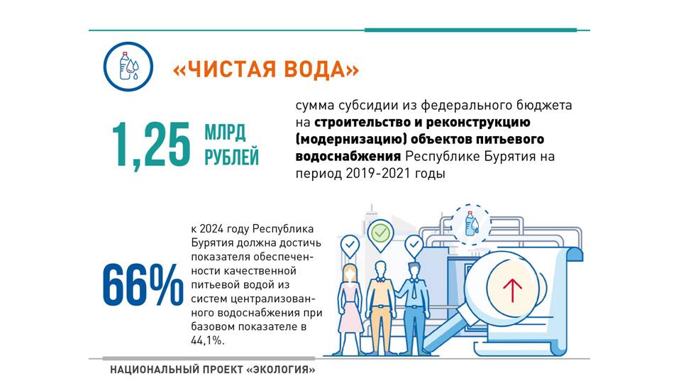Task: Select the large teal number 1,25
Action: point(151,145)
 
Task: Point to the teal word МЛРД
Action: point(225,133)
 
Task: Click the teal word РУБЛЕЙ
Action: point(231,157)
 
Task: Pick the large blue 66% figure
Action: point(143,285)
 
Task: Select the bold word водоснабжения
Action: point(348,156)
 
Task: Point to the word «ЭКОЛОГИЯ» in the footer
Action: point(281,370)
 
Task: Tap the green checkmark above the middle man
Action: point(380,233)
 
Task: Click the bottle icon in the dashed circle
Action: point(471,223)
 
